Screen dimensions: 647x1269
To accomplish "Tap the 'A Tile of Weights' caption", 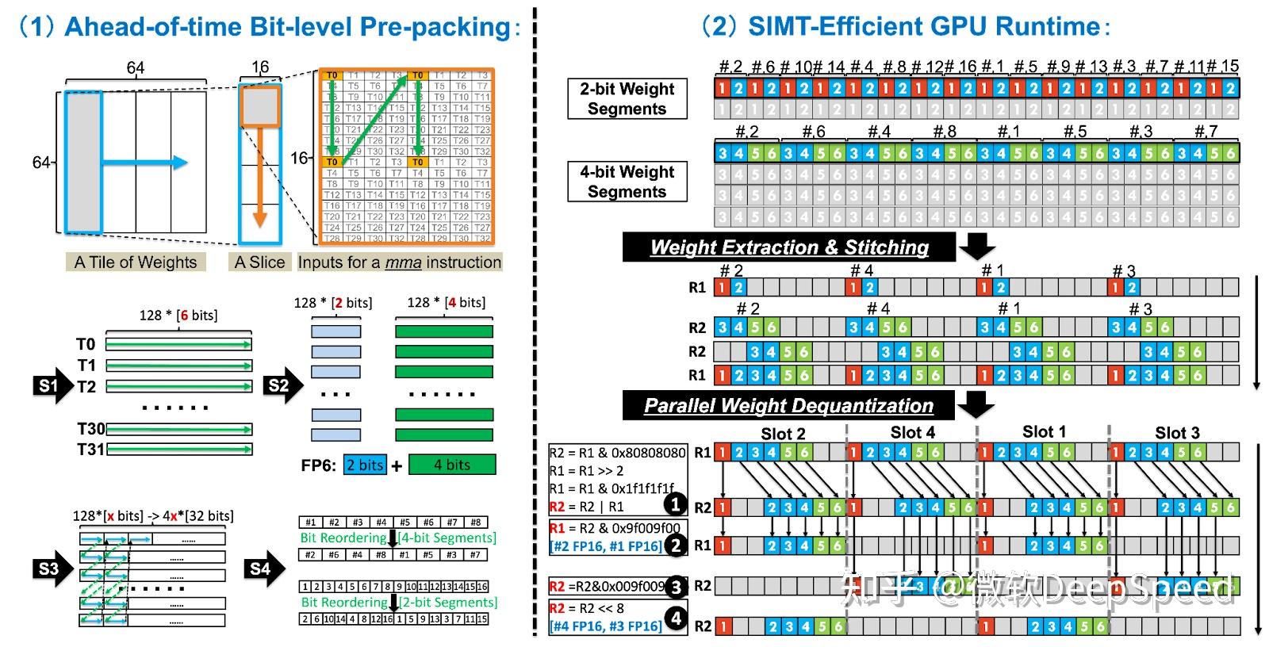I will coord(136,262).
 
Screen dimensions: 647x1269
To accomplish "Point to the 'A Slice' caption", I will coord(259,262).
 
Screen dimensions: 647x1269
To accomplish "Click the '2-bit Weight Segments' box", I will coord(627,99).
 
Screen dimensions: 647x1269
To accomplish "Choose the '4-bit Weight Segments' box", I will coord(627,182).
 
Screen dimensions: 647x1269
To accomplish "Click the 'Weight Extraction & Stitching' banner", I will coord(789,247).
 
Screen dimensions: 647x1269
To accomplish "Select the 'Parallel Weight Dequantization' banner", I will coord(788,406).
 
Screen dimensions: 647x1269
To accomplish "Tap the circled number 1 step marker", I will coord(675,504).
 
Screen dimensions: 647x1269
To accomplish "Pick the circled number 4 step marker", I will coord(675,618).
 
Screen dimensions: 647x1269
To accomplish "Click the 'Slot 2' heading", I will coord(783,434).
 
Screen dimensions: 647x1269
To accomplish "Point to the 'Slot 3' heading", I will coord(1177,433).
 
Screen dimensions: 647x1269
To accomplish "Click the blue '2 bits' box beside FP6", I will coord(365,465).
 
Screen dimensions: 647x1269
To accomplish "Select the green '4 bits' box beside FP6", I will coord(451,465).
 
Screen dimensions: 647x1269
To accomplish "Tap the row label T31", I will coord(90,450).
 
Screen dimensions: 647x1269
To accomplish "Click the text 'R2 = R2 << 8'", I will coord(588,608).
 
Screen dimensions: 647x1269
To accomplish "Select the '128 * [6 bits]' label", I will coord(178,316).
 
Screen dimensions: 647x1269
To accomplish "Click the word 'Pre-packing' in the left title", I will coord(435,27).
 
